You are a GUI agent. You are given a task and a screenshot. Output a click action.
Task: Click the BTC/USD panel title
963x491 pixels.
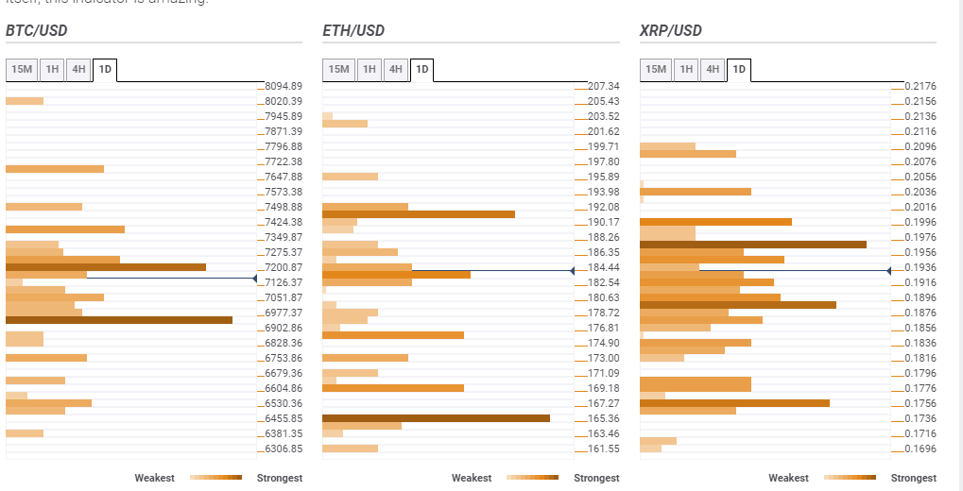coord(37,31)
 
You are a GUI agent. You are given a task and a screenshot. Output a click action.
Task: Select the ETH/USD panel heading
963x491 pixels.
coord(353,31)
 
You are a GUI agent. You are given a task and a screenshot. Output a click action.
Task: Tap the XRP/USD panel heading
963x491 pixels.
coord(671,31)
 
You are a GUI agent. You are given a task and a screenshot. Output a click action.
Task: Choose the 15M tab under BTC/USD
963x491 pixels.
coord(22,69)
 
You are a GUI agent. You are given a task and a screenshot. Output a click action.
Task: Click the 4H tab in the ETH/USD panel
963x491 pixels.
coord(396,69)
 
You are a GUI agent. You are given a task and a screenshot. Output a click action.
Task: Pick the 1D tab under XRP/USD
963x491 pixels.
coord(739,69)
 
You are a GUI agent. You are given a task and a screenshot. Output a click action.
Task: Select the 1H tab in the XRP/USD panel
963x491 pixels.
coord(687,69)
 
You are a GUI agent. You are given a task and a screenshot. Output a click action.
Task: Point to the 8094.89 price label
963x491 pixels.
coord(284,86)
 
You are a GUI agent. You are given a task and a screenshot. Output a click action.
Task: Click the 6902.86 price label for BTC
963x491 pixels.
coord(284,328)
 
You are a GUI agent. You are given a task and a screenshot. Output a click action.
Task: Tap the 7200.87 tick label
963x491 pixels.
coord(284,267)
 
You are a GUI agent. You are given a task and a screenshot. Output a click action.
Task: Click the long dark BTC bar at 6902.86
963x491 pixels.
coord(119,320)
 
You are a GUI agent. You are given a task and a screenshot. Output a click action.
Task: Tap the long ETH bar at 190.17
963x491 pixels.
coord(419,214)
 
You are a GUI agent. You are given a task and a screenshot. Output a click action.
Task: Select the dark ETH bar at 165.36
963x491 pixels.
coord(436,418)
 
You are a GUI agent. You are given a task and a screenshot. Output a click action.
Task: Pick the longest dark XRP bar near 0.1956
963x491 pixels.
coord(753,245)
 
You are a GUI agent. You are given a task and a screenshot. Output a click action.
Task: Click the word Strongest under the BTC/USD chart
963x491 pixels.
coord(280,478)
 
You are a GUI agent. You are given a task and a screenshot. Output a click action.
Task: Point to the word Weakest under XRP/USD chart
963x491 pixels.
coord(788,478)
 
